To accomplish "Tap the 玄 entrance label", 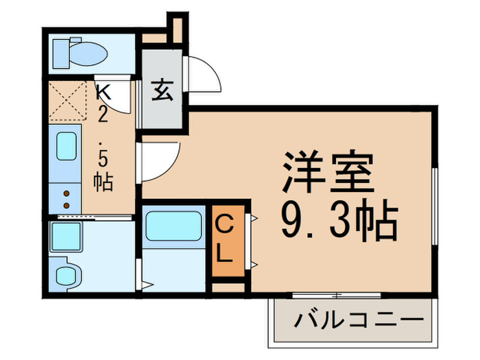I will coord(162,90).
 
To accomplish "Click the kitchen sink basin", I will coord(65,145).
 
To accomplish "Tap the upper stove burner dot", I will coord(67,194).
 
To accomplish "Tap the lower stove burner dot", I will coord(67,205).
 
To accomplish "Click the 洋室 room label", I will coord(326,171).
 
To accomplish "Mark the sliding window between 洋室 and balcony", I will coord(336,296).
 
